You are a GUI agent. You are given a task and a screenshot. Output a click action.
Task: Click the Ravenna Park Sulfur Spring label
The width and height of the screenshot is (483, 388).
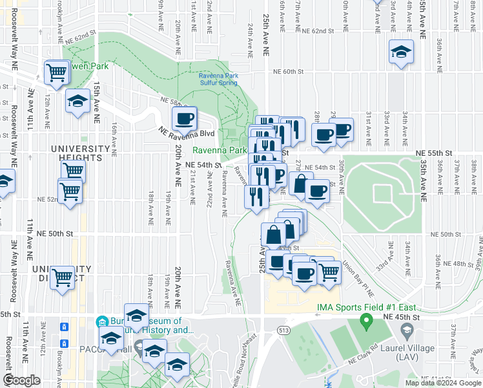(x=218, y=80)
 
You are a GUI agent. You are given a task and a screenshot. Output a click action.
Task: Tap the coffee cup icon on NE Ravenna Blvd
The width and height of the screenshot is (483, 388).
(x=185, y=118)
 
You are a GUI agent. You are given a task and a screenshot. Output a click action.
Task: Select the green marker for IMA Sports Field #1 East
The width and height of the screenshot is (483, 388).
(x=365, y=319)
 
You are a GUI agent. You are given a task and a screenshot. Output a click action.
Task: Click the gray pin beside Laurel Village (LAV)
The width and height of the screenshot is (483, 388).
(x=407, y=331)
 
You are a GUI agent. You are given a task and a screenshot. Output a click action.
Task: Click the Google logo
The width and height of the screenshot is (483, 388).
(x=21, y=380)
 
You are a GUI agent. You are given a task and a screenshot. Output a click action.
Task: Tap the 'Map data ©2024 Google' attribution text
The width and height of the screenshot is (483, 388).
(x=442, y=383)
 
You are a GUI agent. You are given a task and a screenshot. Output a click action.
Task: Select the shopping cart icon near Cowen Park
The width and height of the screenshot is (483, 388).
(x=57, y=72)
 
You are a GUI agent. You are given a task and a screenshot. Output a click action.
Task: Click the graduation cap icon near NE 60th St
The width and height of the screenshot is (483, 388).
(x=401, y=52)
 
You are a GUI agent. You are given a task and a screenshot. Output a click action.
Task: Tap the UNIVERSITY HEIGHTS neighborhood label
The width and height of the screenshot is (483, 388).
(x=77, y=153)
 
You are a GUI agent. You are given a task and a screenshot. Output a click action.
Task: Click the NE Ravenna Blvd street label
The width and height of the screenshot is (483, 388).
(x=185, y=133)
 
